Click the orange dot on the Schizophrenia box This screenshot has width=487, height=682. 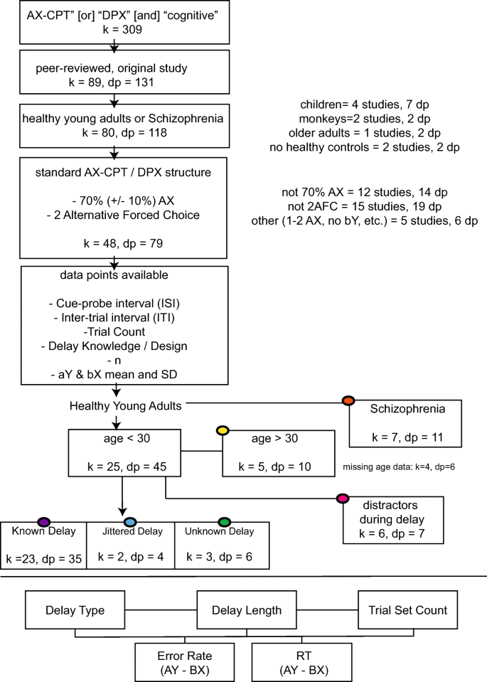348,400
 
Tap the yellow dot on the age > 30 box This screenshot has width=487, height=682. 222,431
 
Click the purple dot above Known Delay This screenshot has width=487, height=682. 43,522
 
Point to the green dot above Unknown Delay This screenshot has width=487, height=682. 225,522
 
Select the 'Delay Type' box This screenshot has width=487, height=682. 75,610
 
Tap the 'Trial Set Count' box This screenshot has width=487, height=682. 408,610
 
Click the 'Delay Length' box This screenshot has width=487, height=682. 247,610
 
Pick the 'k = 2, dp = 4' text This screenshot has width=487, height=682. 130,557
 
